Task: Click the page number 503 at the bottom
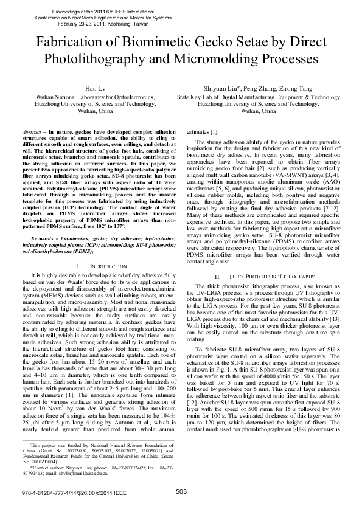[x=181, y=492]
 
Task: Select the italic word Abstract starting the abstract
[x=30, y=131]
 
